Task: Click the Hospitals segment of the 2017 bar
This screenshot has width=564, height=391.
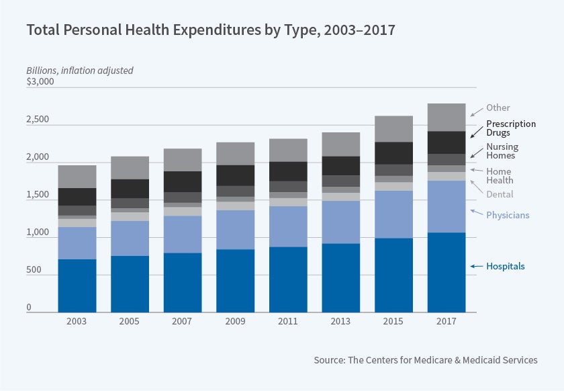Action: click(446, 272)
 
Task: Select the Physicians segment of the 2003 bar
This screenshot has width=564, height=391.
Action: click(77, 243)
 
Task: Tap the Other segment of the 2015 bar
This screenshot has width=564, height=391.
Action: click(393, 128)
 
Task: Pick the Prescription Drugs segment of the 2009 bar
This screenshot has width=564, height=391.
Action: click(235, 175)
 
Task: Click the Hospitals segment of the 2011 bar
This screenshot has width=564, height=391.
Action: click(288, 279)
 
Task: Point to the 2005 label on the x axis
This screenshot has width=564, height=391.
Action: click(129, 320)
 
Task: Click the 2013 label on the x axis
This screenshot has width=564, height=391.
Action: click(340, 320)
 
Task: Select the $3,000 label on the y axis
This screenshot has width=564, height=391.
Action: click(40, 81)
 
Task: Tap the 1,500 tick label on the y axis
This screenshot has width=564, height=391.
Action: click(38, 195)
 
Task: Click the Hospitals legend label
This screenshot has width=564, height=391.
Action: click(506, 266)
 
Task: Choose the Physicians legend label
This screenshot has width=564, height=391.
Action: click(508, 215)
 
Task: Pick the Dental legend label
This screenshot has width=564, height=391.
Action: click(500, 194)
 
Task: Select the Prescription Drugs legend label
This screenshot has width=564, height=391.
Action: click(511, 128)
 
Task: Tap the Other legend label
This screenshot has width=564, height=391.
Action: click(499, 107)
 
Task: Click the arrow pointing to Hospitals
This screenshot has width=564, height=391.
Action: click(476, 267)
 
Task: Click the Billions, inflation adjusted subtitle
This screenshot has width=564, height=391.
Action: click(80, 70)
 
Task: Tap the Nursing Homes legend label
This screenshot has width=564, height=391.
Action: click(502, 151)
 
